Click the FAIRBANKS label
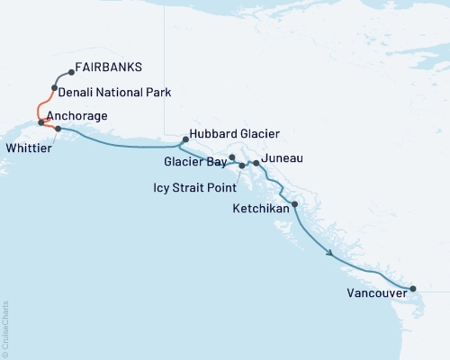[109, 67]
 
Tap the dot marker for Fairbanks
[70, 72]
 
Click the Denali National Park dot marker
[56, 88]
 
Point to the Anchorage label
[77, 116]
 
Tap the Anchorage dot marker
[41, 121]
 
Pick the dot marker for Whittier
[58, 130]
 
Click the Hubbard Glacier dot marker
[185, 139]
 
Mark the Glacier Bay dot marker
[232, 157]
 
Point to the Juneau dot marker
[256, 163]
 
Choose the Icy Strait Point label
[194, 189]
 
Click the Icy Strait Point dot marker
[241, 166]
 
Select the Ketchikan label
[260, 208]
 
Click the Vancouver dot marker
[413, 289]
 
